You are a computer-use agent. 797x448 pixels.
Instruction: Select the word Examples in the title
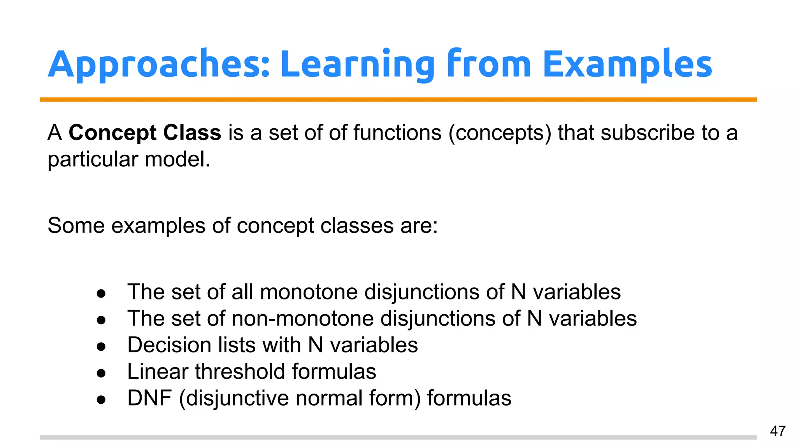(627, 64)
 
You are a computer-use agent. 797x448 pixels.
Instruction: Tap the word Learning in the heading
(357, 64)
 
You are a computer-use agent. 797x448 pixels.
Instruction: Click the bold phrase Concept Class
(145, 133)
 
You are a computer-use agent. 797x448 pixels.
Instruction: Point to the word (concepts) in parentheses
(500, 133)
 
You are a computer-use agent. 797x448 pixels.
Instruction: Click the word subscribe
(648, 133)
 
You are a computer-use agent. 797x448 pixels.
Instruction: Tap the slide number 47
(778, 431)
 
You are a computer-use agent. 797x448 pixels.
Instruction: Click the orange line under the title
(398, 100)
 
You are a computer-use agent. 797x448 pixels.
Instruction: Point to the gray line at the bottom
(398, 437)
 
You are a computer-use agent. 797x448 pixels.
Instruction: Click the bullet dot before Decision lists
(101, 346)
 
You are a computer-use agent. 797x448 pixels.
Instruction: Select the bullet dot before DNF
(101, 399)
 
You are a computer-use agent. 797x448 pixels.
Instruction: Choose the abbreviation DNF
(149, 398)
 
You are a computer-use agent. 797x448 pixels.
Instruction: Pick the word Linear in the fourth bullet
(158, 371)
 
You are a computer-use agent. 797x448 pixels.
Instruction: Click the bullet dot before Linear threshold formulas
(101, 373)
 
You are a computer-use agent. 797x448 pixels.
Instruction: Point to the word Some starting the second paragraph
(76, 226)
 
